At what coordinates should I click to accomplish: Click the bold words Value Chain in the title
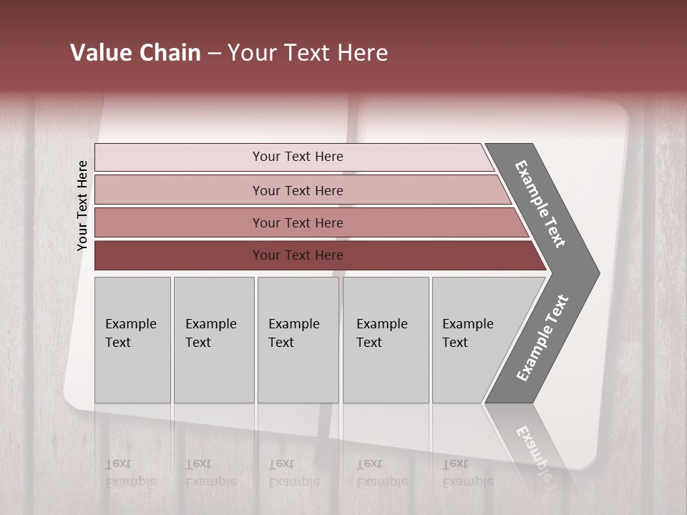[x=135, y=53]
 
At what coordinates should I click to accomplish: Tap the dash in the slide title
[x=214, y=53]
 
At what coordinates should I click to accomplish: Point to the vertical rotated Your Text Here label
[x=82, y=205]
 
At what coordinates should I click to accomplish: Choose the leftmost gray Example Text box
[x=132, y=340]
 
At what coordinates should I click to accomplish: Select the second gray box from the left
[x=214, y=340]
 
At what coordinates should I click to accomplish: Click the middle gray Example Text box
[x=298, y=340]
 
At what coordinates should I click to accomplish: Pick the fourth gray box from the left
[x=386, y=340]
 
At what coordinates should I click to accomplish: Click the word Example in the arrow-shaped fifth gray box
[x=467, y=324]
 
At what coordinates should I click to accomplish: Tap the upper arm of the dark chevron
[x=541, y=204]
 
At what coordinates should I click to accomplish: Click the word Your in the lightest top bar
[x=265, y=157]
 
